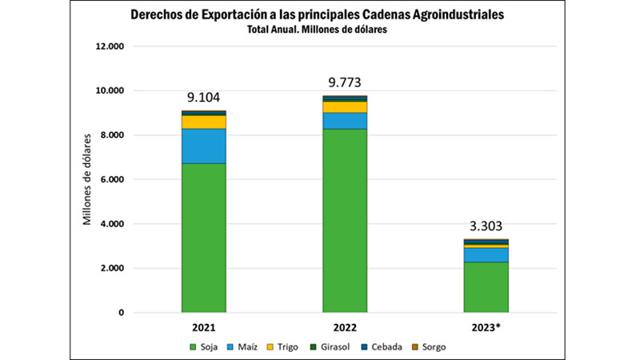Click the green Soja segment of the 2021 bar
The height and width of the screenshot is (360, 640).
click(203, 238)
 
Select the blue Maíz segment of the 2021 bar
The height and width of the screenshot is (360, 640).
click(203, 146)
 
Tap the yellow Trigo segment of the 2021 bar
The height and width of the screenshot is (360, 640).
click(203, 122)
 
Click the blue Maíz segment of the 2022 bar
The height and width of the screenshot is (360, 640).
click(345, 120)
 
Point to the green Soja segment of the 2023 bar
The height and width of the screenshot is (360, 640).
click(486, 286)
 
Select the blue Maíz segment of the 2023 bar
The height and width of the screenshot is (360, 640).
click(486, 254)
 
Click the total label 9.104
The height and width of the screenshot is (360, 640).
click(203, 98)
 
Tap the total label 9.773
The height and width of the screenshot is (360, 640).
click(345, 82)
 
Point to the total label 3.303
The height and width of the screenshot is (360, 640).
click(486, 226)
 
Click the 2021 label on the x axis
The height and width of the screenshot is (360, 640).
click(203, 328)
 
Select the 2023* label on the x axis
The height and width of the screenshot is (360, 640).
click(486, 328)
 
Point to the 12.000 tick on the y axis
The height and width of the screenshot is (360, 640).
click(110, 46)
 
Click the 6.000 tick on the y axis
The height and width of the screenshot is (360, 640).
click(110, 179)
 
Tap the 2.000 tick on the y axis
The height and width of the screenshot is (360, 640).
click(110, 268)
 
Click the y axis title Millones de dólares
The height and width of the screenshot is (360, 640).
click(88, 179)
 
